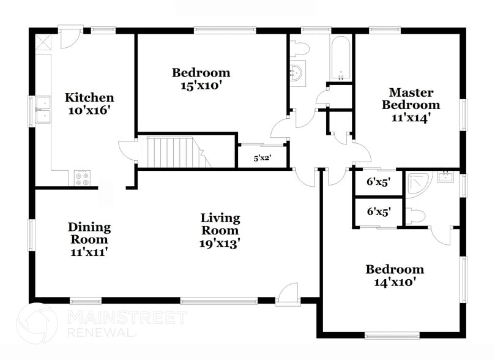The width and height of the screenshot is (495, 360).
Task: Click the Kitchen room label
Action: [x=89, y=98]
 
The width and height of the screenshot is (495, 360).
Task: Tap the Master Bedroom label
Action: [x=411, y=99]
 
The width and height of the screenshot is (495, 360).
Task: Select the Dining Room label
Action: [x=89, y=233]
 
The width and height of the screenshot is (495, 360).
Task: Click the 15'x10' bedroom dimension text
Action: [x=201, y=86]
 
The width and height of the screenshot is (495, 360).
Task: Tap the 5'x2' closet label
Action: [x=262, y=158]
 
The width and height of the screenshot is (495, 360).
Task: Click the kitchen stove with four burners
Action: [x=82, y=178]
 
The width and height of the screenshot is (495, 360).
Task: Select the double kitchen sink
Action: [x=43, y=111]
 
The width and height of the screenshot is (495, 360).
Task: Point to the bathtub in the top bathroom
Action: [x=341, y=59]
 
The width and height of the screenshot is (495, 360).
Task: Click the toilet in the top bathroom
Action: [x=297, y=47]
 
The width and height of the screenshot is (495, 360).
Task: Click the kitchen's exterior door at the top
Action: [x=69, y=37]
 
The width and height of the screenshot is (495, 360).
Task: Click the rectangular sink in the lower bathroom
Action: [x=445, y=178]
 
